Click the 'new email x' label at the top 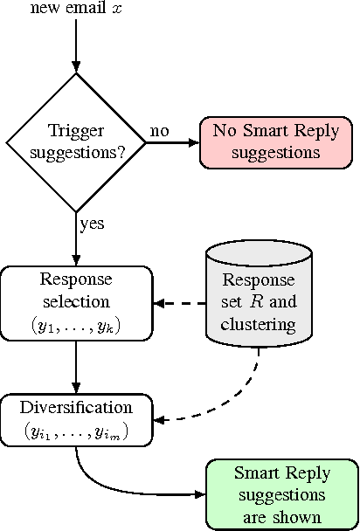click(x=75, y=10)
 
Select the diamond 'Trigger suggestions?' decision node click(x=76, y=142)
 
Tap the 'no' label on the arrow click(x=159, y=131)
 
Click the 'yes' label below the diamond click(x=92, y=224)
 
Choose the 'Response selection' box click(x=76, y=303)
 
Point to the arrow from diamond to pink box click(x=171, y=143)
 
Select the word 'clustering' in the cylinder click(x=260, y=325)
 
